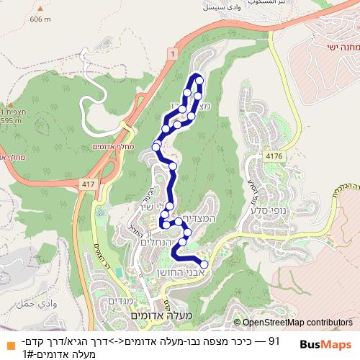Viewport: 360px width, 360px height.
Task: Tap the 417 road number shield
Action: [88, 185]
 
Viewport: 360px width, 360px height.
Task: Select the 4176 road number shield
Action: [273, 156]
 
